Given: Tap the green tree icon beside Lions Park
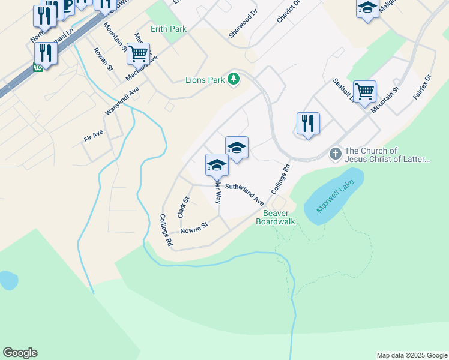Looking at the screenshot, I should coord(234,79).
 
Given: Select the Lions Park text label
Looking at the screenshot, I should coord(205,79).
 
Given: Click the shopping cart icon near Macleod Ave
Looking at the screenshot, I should coord(138,54).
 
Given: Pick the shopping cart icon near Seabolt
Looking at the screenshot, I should coord(364,92).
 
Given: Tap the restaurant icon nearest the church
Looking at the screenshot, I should coord(308,124).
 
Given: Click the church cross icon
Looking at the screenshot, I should coord(336,154).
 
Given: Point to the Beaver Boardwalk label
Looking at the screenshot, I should coord(276,217).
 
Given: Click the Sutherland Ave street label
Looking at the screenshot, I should coord(244,193).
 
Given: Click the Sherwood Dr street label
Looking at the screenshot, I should coord(243,23).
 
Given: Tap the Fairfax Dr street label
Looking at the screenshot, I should coord(422,87).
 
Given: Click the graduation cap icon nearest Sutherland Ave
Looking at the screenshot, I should coord(216,165).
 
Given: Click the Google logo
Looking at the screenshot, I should coord(20,353).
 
